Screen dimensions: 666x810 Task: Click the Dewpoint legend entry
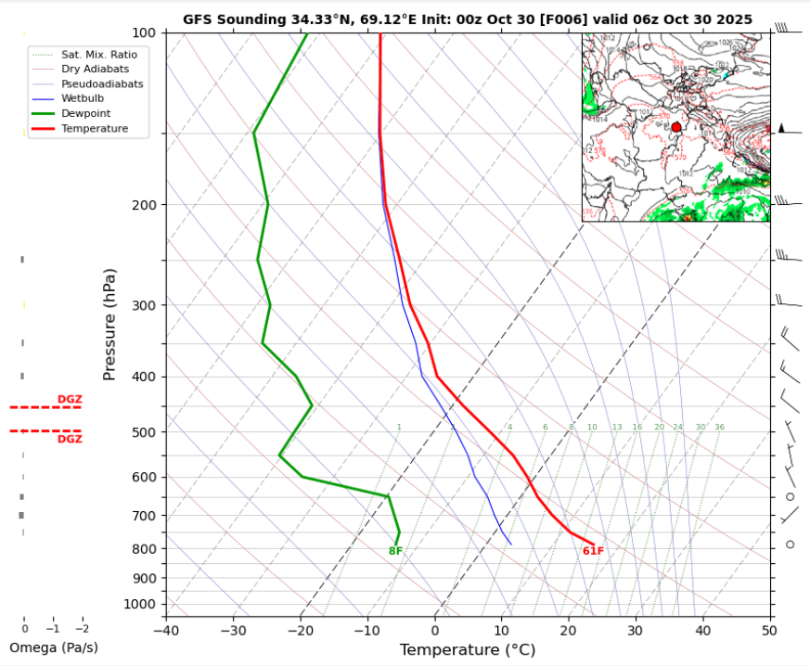pos(86,113)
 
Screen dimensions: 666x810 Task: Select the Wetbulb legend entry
pos(83,98)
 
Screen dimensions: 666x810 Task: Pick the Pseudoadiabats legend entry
pos(102,83)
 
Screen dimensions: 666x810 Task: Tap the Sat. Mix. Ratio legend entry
pos(99,55)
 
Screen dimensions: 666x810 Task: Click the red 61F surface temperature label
pos(593,551)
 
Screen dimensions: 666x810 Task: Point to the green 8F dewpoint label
pos(395,551)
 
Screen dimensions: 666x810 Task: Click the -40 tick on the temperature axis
pos(166,632)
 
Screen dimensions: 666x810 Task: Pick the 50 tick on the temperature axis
pos(769,632)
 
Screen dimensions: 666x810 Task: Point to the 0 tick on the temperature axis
pos(435,632)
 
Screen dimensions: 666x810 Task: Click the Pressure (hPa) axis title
pos(109,325)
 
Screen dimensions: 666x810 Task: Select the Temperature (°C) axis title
pos(468,650)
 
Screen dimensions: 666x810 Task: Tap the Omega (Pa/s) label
pos(54,647)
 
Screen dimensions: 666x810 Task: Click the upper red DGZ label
pos(70,400)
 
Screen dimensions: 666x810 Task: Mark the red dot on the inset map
pos(676,127)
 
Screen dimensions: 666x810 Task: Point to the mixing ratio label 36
pos(719,428)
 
